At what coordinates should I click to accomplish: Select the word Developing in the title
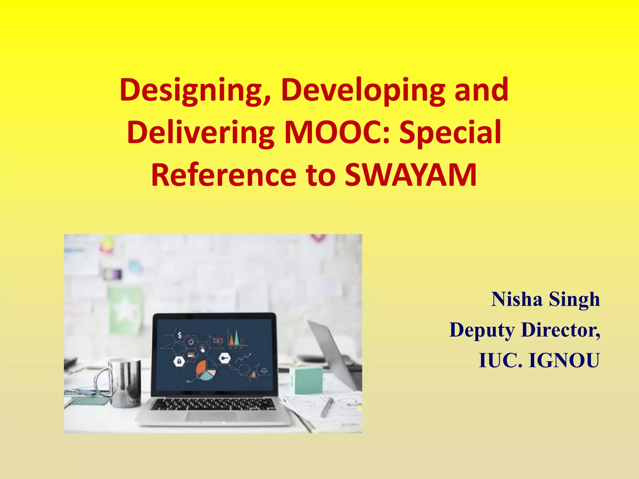point(363,90)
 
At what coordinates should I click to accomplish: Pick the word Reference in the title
point(223,175)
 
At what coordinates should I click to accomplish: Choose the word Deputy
point(482,330)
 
